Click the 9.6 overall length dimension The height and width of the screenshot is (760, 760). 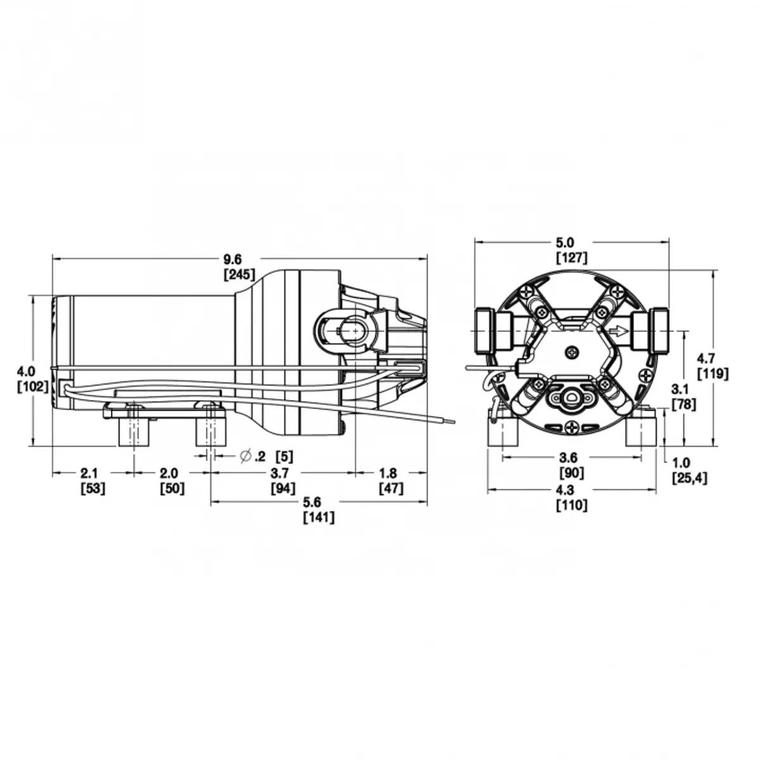[232, 260]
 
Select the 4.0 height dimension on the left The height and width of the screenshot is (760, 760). [26, 371]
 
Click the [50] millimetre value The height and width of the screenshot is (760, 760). [172, 488]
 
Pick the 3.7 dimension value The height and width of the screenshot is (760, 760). [280, 472]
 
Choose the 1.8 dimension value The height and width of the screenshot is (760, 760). [388, 472]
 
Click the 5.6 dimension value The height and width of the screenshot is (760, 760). [312, 502]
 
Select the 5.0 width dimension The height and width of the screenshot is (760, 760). [565, 242]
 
